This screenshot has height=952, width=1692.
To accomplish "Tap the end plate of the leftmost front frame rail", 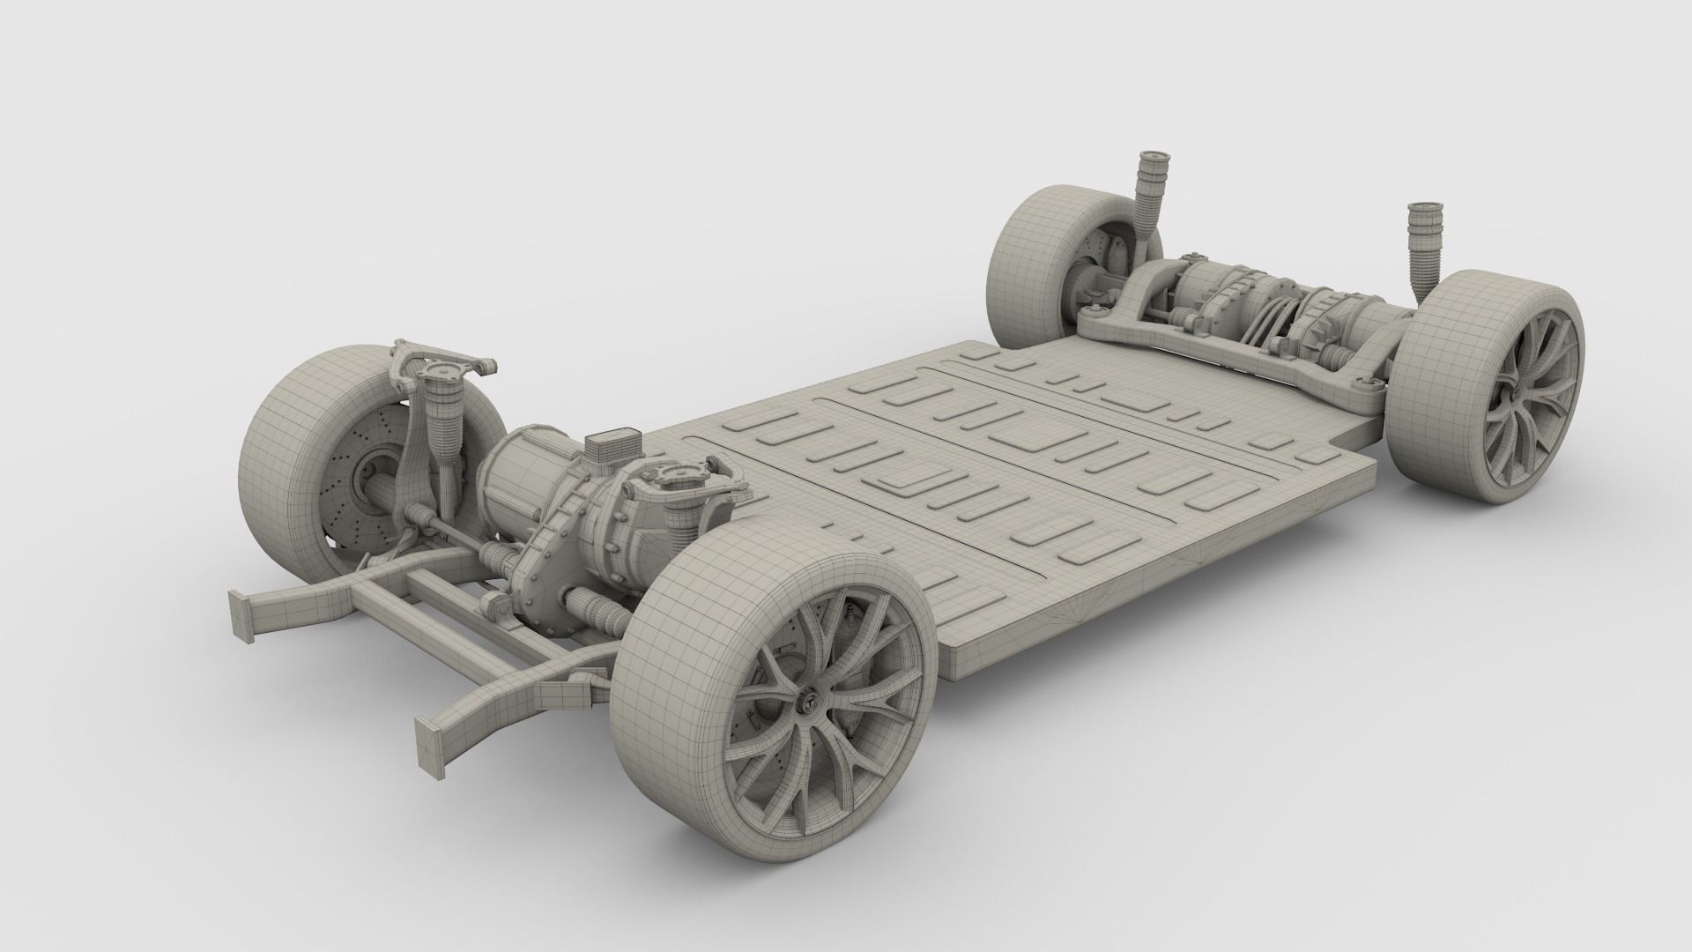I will point(239,613).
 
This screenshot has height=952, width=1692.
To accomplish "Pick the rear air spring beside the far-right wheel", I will point(1420,242).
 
